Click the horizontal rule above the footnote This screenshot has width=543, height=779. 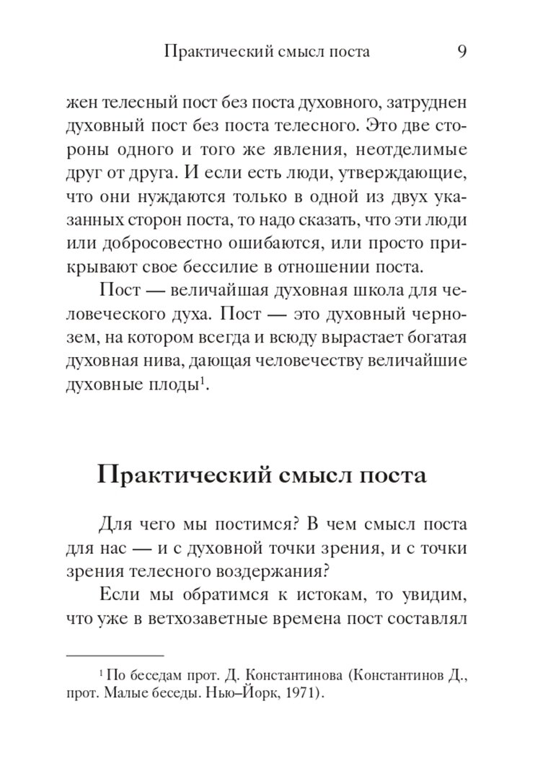pyautogui.click(x=115, y=656)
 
